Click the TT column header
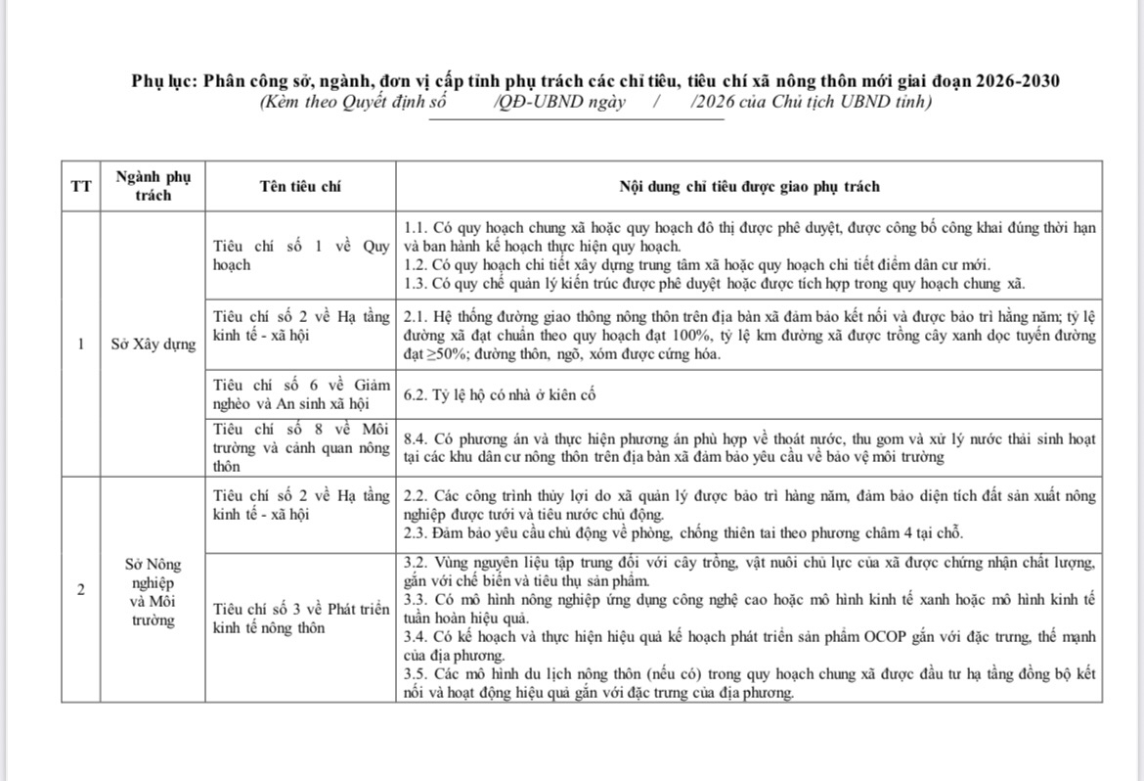[80, 187]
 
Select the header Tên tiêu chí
[301, 187]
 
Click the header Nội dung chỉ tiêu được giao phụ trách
[749, 187]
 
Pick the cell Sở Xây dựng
[154, 344]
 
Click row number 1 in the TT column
[80, 344]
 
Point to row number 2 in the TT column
[80, 589]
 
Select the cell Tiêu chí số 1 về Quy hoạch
[301, 255]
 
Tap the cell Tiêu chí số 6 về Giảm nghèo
[301, 394]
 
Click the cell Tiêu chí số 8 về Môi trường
[301, 447]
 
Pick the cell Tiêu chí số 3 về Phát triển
[301, 619]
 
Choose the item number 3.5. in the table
[418, 675]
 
